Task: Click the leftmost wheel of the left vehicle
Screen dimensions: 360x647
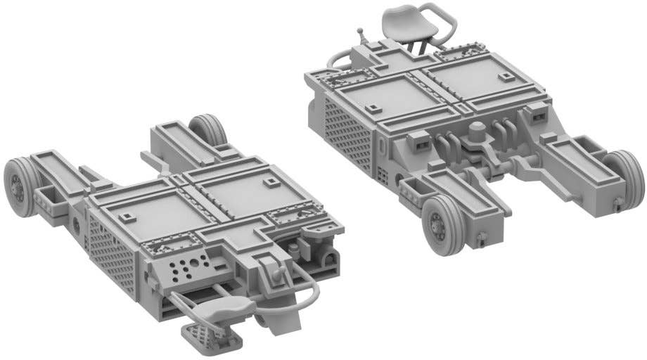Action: (17, 180)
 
